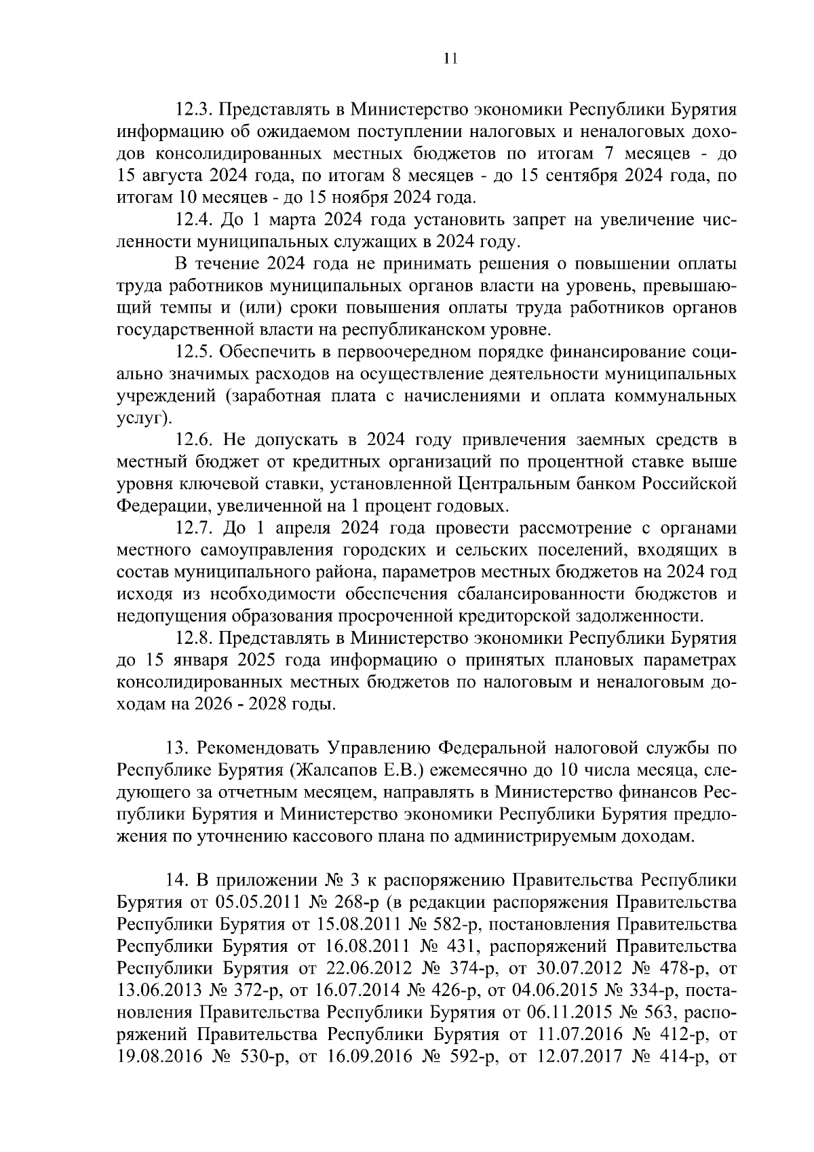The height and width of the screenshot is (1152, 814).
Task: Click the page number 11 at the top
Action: tap(450, 58)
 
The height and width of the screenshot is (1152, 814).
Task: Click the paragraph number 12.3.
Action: tap(194, 110)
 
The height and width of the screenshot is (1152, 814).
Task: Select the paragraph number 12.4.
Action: tap(194, 220)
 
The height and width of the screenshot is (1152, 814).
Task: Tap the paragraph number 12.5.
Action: tap(194, 352)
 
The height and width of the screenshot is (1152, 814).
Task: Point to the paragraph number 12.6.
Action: tap(194, 440)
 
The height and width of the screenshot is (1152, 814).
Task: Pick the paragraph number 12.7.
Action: tap(194, 528)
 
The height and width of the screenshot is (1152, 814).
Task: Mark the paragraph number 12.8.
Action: tap(194, 638)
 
